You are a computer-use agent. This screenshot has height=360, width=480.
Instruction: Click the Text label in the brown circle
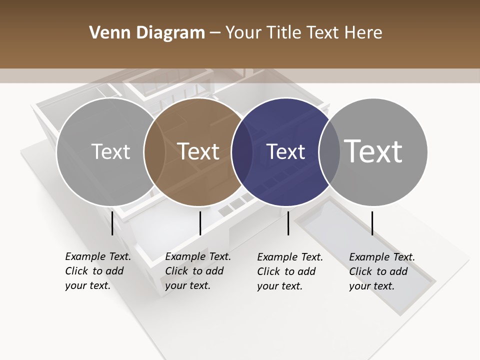pos(198,151)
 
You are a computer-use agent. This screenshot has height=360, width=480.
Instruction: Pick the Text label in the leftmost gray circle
pos(110,151)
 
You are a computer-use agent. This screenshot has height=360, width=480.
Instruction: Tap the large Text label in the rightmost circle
pos(373,151)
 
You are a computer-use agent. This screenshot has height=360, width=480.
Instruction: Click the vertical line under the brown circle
pos(200,223)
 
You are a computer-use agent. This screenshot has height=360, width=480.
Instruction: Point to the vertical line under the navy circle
pos(288,223)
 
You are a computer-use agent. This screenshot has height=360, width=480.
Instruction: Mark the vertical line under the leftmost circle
pos(112,223)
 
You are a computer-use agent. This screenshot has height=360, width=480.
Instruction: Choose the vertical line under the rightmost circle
pos(372,223)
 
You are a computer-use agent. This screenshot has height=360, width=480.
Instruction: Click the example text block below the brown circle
pos(198,271)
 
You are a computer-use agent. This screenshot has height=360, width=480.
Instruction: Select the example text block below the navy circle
pos(290,271)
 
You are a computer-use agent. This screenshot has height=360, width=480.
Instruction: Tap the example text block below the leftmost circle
pos(98,271)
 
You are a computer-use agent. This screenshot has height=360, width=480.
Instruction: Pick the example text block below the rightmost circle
pos(382,271)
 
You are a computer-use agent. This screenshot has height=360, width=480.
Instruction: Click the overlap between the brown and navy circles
pos(242,152)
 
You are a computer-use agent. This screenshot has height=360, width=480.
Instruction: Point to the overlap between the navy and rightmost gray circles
pos(329,152)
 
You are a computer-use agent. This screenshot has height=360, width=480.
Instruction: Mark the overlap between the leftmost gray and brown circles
pos(154,152)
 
